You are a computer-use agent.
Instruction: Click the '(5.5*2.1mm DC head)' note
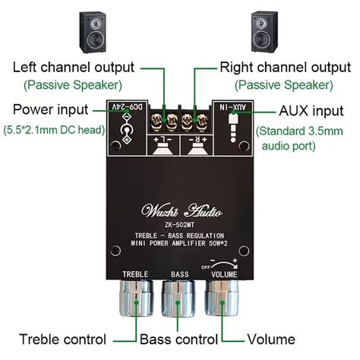point(52,131)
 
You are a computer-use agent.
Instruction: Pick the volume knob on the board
point(223,299)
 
